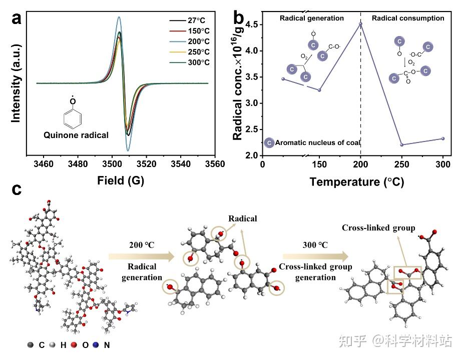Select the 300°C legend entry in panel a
click(x=196, y=62)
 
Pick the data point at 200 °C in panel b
click(x=360, y=23)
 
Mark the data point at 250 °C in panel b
click(x=401, y=145)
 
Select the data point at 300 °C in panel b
click(x=443, y=138)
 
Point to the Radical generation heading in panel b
click(x=311, y=18)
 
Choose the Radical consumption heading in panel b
click(x=407, y=18)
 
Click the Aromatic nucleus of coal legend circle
click(x=269, y=143)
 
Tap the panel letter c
click(x=17, y=190)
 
